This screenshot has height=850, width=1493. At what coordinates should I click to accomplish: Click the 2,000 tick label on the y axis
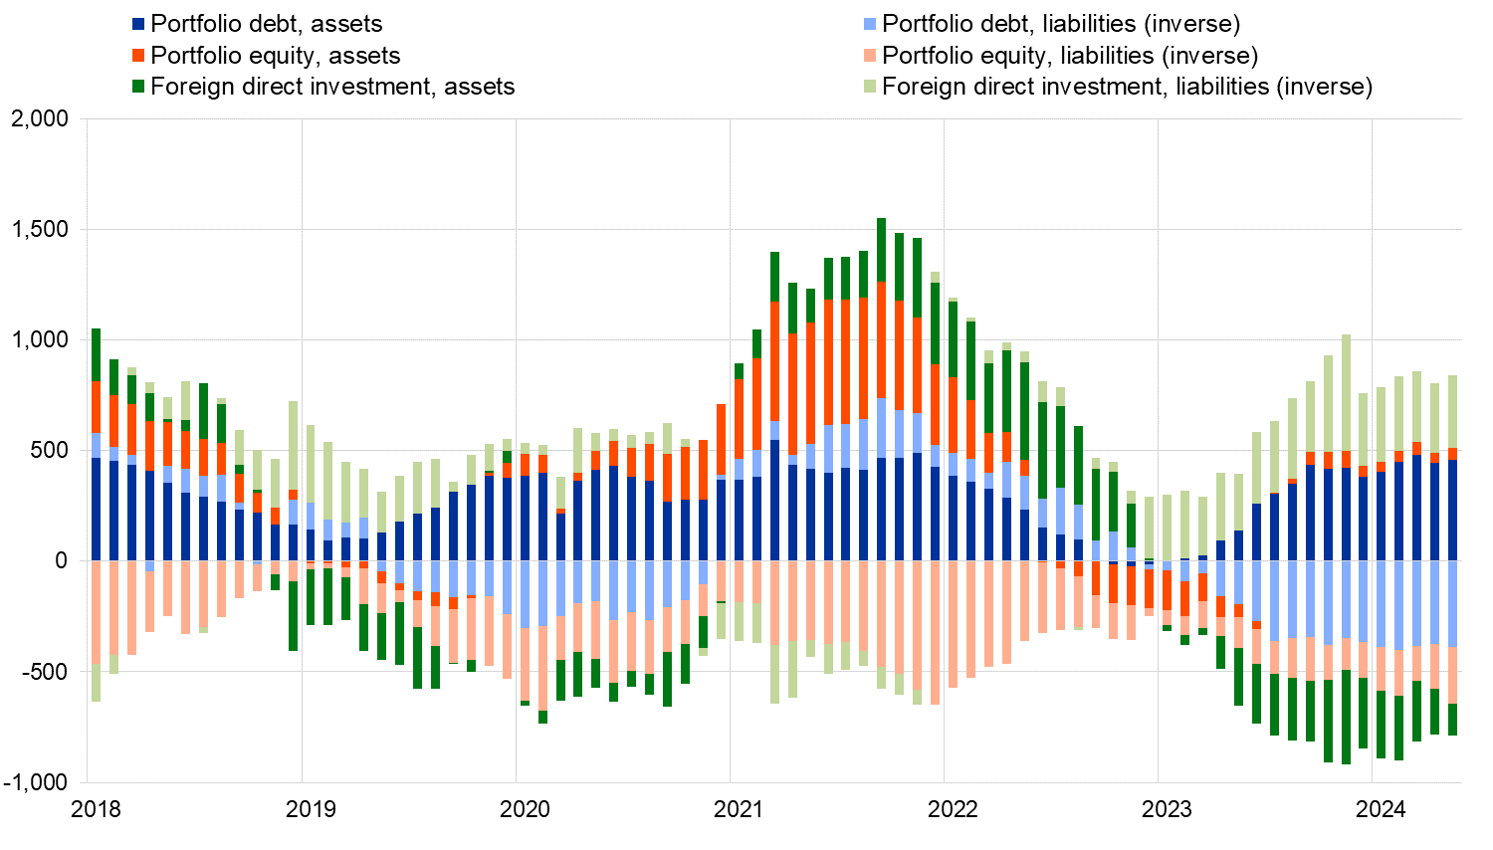(x=40, y=119)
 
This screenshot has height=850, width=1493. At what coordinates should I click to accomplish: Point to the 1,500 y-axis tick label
(x=40, y=230)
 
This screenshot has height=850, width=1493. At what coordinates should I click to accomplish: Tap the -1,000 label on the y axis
(x=37, y=782)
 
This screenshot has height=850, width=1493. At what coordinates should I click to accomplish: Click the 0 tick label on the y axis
(x=62, y=561)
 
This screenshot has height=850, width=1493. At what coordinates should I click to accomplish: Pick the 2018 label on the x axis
(x=97, y=809)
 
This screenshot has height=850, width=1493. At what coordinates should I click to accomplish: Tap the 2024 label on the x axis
(x=1381, y=809)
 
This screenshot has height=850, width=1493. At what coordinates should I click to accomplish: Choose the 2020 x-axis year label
(x=525, y=809)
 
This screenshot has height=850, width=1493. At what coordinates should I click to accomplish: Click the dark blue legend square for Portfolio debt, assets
(x=138, y=24)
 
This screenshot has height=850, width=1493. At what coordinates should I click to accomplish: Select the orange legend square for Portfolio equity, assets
(x=138, y=56)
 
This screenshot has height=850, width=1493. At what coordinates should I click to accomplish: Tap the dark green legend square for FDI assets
(x=138, y=88)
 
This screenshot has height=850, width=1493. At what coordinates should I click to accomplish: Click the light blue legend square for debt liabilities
(x=870, y=24)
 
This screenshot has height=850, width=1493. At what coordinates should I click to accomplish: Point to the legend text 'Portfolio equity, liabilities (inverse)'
(x=1070, y=56)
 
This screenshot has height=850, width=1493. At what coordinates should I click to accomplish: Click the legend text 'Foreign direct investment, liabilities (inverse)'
(x=1127, y=87)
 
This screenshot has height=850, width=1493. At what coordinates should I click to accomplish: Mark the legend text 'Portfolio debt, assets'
(x=266, y=24)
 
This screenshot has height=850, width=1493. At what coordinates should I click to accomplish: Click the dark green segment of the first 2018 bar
(x=97, y=354)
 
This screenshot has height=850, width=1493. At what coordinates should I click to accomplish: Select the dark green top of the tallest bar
(x=882, y=250)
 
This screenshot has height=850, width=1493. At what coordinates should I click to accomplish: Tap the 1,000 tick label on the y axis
(x=40, y=340)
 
